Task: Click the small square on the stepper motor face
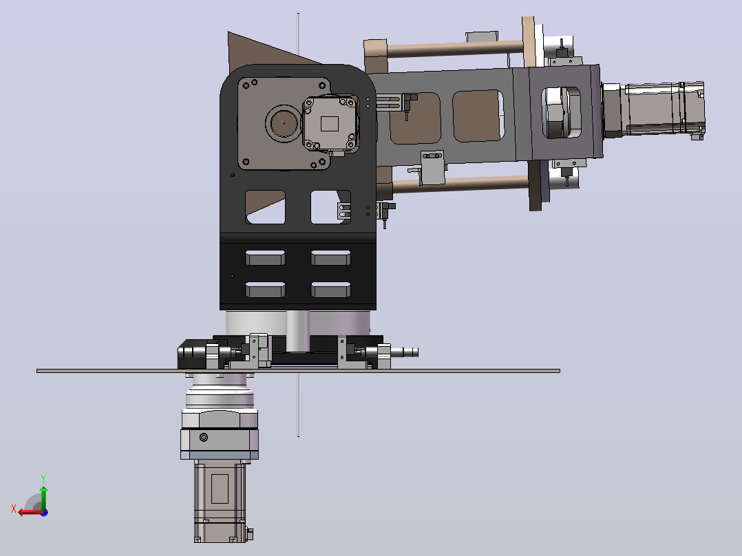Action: [x=329, y=124]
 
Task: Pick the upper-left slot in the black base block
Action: [x=265, y=258]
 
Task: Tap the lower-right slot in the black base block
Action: [x=331, y=290]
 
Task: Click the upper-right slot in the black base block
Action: [x=331, y=258]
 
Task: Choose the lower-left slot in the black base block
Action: [x=265, y=290]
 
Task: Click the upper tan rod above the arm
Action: [x=454, y=48]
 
